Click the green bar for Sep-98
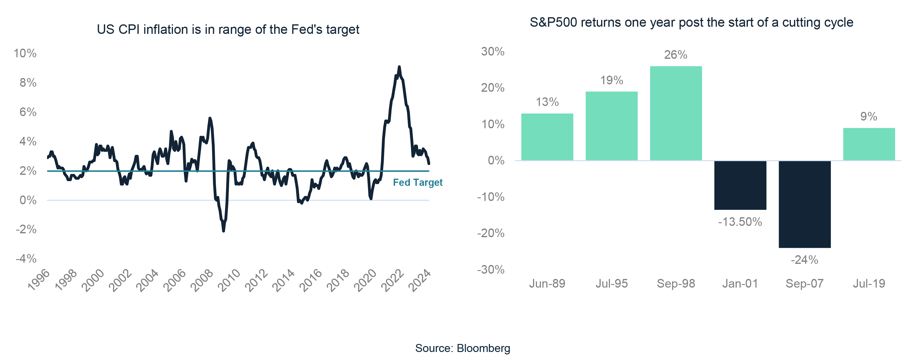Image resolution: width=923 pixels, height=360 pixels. [676, 113]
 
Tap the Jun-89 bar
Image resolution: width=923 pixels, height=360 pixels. [547, 137]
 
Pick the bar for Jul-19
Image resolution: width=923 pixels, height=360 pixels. [869, 144]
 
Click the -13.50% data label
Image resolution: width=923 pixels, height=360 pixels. [740, 222]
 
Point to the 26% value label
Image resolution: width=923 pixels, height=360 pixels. [675, 55]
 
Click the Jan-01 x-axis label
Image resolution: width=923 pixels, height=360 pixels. [740, 284]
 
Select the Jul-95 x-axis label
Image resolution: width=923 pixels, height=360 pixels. [612, 284]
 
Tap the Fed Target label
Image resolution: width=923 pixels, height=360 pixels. [418, 183]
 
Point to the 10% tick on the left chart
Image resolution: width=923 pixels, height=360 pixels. [25, 53]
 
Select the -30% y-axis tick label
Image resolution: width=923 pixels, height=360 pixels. [491, 269]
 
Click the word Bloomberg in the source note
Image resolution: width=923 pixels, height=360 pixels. [483, 348]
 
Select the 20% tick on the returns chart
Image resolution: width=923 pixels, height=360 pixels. [492, 88]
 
